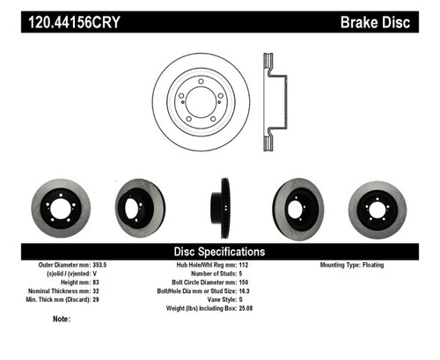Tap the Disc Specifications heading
pos(219,251)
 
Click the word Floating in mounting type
pos(384,264)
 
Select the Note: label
pos(62,319)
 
